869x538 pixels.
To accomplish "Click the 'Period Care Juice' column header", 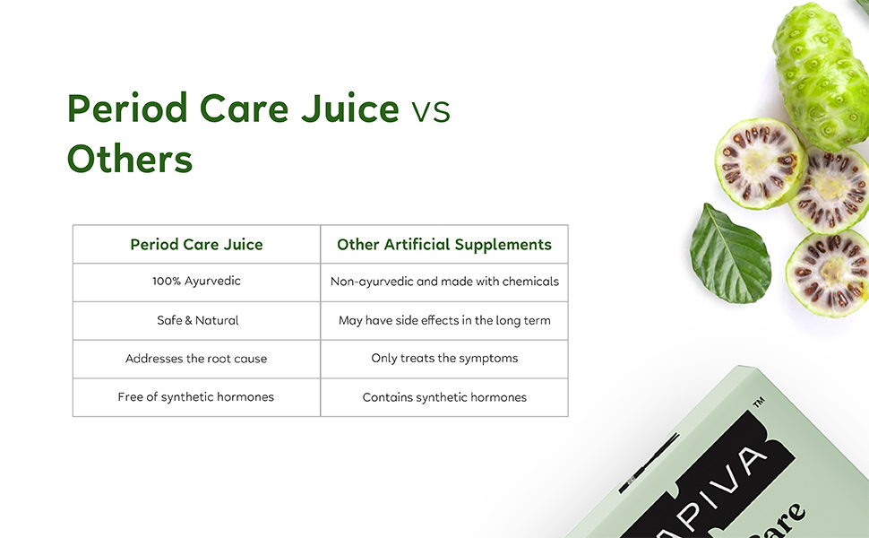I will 196,245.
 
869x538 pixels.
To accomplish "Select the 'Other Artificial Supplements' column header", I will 444,245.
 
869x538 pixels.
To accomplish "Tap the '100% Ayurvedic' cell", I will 196,282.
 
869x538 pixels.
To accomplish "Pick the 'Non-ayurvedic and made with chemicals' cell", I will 444,282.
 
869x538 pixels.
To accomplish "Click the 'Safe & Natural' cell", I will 197,320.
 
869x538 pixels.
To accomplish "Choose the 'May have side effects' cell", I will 444,320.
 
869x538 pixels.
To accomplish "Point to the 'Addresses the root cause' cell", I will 196,359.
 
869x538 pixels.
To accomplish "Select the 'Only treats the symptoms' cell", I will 444,359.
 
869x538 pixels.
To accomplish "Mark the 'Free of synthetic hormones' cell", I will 196,397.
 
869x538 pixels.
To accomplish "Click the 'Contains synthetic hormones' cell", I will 444,397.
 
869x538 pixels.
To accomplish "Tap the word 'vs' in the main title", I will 430,110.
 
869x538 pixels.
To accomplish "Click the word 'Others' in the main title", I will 130,160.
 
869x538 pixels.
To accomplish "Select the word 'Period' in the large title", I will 127,109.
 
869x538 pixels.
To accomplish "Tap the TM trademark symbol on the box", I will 758,405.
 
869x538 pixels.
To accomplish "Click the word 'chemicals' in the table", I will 529,282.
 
